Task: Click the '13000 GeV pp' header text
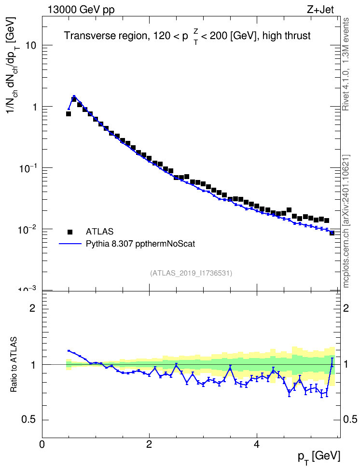pos(81,10)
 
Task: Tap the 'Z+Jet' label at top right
pos(320,10)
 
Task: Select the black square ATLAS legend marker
pos(70,232)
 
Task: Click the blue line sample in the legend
pos(70,244)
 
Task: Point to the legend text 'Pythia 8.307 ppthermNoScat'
pos(140,244)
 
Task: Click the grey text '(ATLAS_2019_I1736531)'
pos(191,273)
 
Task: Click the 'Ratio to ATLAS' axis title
pos(14,364)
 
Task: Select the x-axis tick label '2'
pos(149,444)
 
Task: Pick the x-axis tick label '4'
pos(256,444)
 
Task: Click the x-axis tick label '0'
pos(42,444)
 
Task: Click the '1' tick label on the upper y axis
pos(34,107)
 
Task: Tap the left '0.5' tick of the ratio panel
pos(28,420)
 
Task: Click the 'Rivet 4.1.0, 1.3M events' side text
pos(346,64)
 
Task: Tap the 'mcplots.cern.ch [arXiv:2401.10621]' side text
pos(346,221)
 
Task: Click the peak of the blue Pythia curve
pos(74,96)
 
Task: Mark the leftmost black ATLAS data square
pos(68,114)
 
